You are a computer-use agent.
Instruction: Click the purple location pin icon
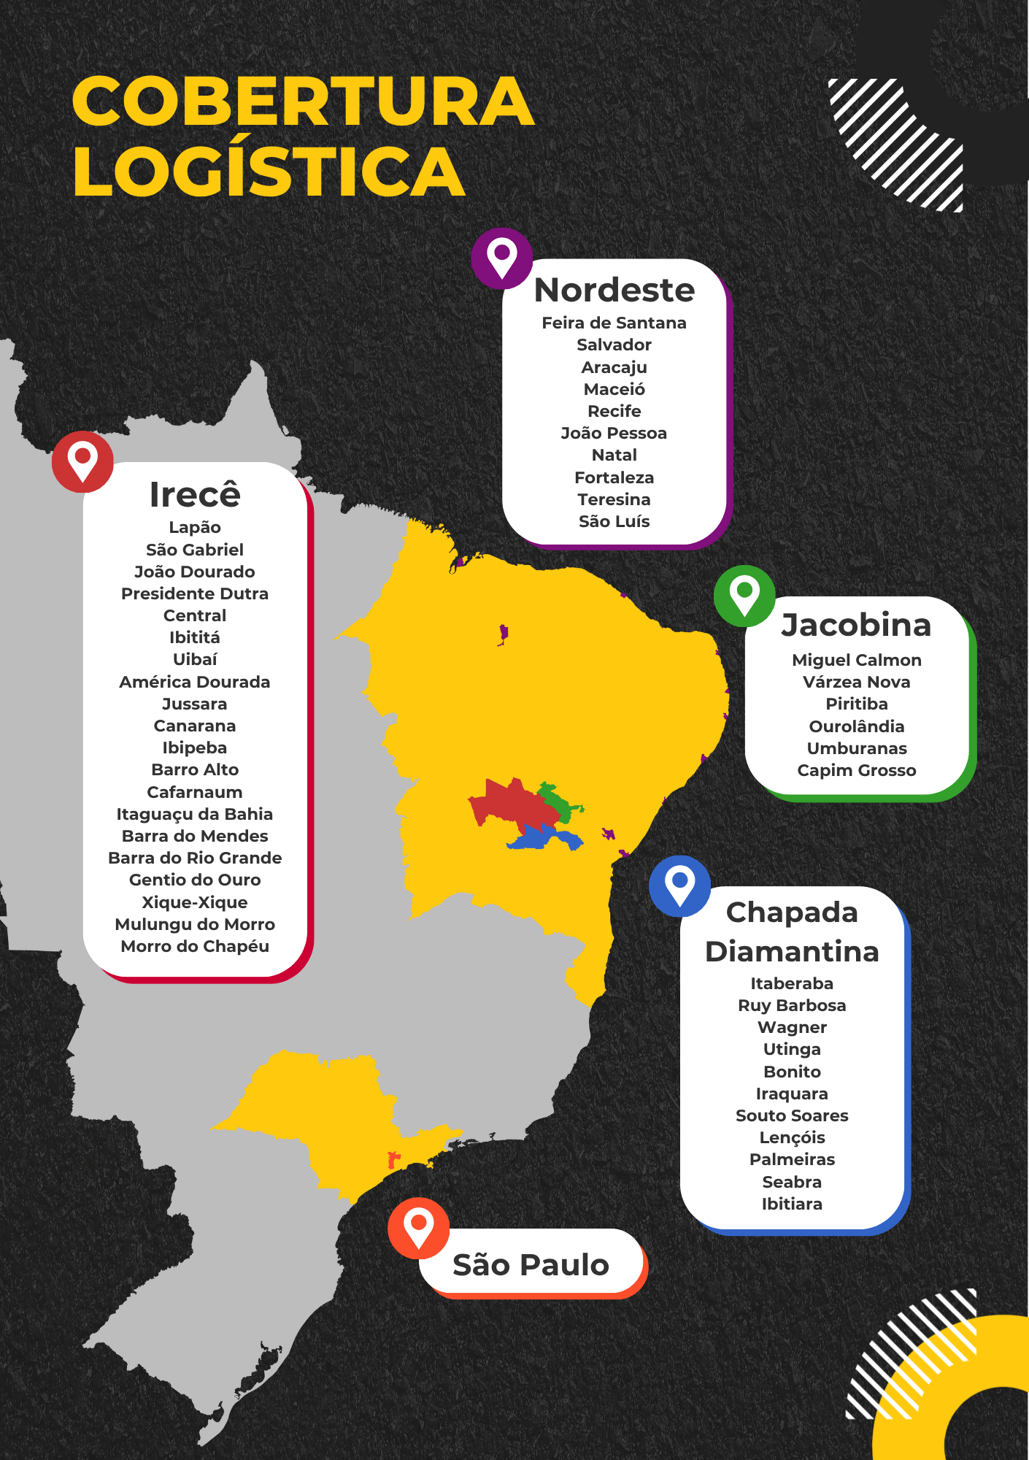[502, 257]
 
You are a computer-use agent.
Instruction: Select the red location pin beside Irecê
[82, 461]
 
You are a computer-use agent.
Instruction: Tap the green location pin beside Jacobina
[744, 595]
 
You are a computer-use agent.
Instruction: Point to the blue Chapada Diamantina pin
[679, 885]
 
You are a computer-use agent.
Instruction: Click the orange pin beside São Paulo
[418, 1227]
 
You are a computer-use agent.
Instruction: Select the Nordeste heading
[614, 290]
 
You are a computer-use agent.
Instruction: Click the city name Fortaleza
[614, 477]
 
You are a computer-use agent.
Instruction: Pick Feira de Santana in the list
[614, 323]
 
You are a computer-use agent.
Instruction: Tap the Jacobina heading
[856, 625]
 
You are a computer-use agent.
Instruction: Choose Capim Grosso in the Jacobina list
[856, 770]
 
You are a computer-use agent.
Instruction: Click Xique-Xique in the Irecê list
[195, 902]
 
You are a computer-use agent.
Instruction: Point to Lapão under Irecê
[195, 527]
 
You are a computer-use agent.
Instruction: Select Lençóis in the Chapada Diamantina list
[792, 1137]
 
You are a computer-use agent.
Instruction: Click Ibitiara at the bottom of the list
[792, 1204]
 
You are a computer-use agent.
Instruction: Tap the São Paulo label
[531, 1265]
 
